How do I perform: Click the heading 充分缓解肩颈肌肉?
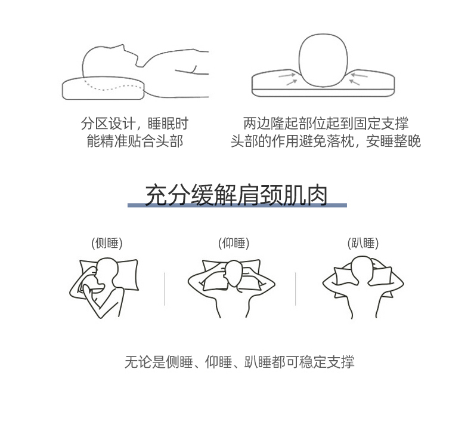pyautogui.click(x=237, y=195)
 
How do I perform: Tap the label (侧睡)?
pyautogui.click(x=107, y=243)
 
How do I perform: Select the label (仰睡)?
pyautogui.click(x=234, y=243)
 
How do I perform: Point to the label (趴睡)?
pyautogui.click(x=363, y=243)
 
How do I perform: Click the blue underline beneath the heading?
pyautogui.click(x=237, y=205)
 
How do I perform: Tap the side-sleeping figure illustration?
pyautogui.click(x=104, y=288)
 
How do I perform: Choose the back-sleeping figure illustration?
pyautogui.click(x=231, y=288)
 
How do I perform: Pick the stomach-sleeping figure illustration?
pyautogui.click(x=363, y=287)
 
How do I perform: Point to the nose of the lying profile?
pyautogui.click(x=123, y=46)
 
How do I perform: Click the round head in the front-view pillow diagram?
pyautogui.click(x=323, y=60)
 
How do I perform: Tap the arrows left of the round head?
pyautogui.click(x=288, y=78)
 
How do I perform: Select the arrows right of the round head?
pyautogui.click(x=359, y=78)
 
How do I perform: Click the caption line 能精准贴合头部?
pyautogui.click(x=135, y=141)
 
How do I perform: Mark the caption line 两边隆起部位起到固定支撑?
pyautogui.click(x=326, y=123)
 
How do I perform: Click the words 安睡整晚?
pyautogui.click(x=393, y=141)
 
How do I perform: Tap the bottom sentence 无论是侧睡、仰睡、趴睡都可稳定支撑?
pyautogui.click(x=240, y=362)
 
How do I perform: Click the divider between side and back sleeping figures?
pyautogui.click(x=165, y=289)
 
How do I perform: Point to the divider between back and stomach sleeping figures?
pyautogui.click(x=296, y=289)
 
